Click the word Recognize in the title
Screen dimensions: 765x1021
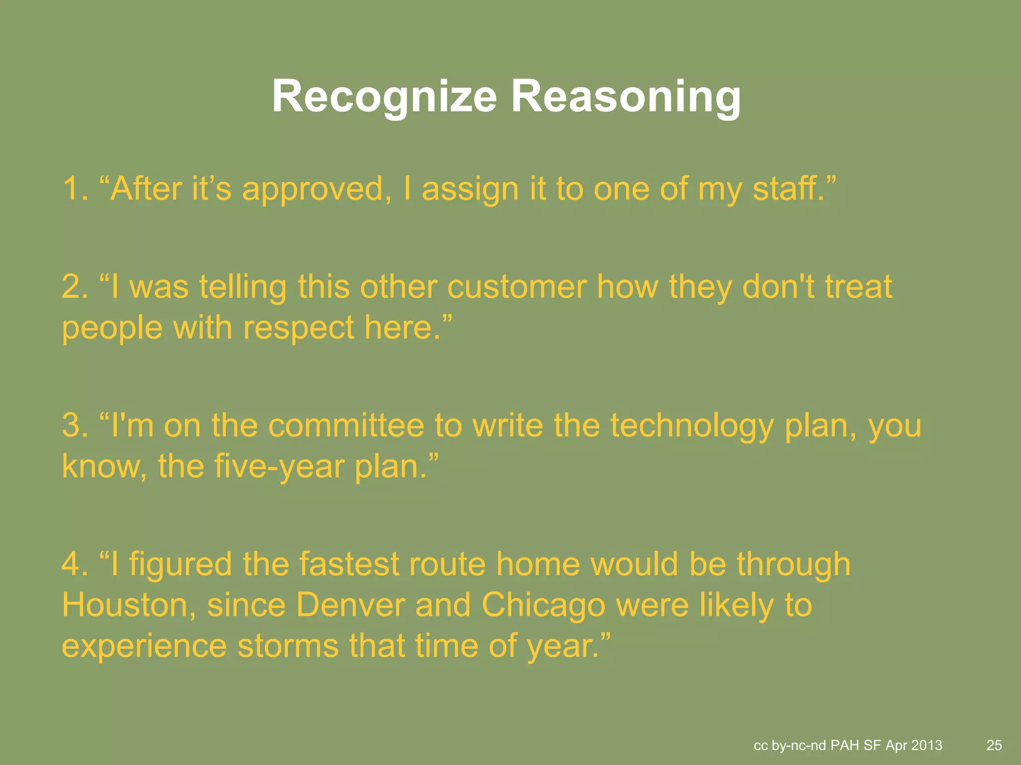click(x=384, y=97)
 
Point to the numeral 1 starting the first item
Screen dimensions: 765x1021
click(x=71, y=189)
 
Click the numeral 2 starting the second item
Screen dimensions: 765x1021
click(x=72, y=287)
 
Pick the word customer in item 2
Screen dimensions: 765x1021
click(x=517, y=287)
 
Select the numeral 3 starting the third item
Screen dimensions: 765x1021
click(x=72, y=426)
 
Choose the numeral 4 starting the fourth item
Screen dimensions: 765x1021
click(x=72, y=564)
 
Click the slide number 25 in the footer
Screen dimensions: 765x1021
click(x=994, y=745)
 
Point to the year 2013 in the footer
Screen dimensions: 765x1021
click(x=926, y=745)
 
